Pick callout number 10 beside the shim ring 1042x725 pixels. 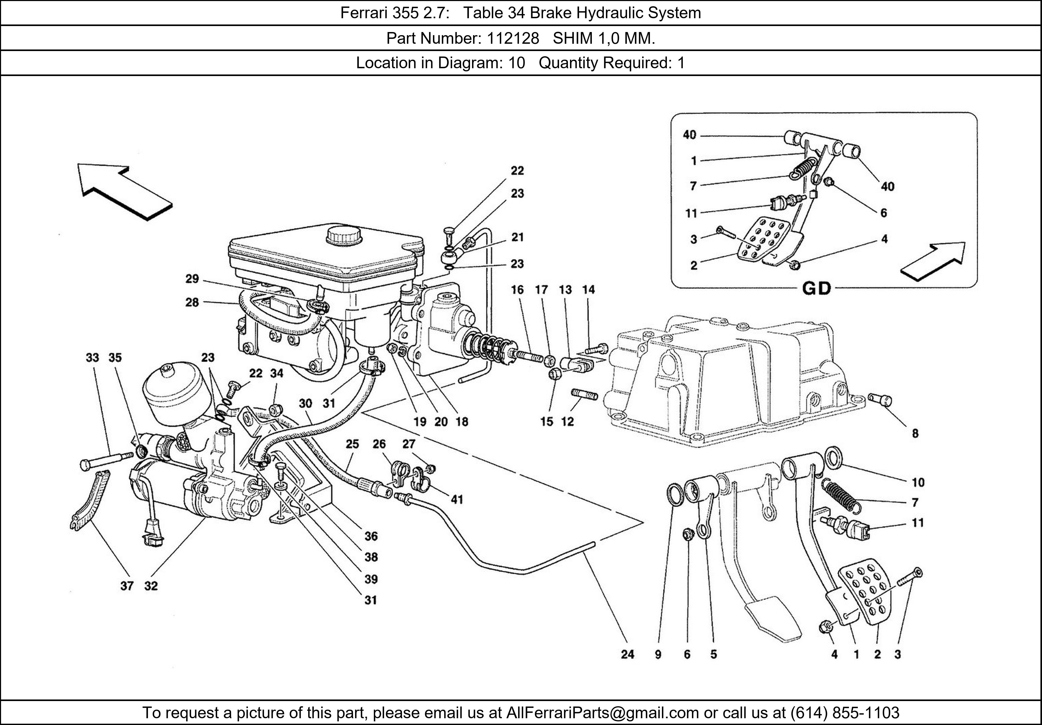point(918,482)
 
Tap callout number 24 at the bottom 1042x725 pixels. point(627,654)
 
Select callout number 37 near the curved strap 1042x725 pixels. point(127,586)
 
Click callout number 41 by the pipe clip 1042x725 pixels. point(457,499)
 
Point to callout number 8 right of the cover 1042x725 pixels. point(915,433)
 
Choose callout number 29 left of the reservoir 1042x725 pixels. point(192,279)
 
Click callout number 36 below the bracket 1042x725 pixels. point(371,536)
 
